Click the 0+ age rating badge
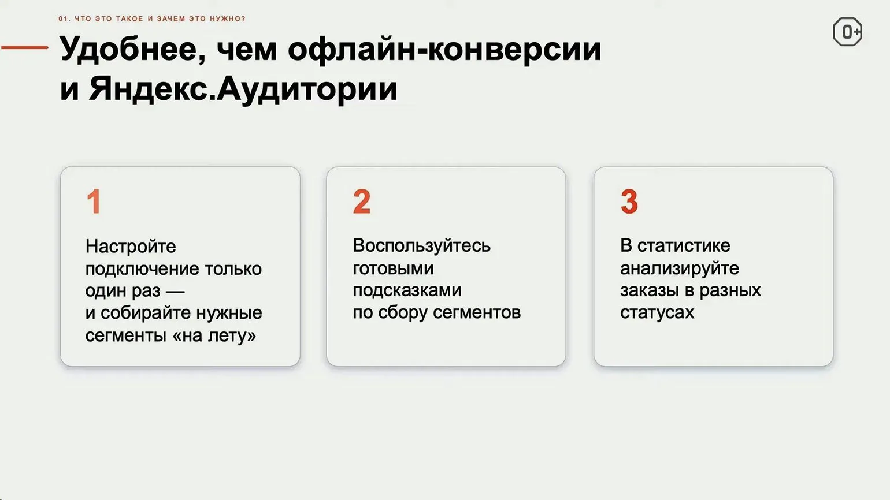point(847,31)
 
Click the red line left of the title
point(25,47)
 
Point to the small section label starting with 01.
point(152,18)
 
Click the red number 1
point(94,202)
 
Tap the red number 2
point(362,202)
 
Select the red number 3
point(629,202)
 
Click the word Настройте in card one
point(131,247)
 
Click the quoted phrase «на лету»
point(214,335)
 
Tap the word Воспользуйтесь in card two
point(421,246)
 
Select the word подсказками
point(407,290)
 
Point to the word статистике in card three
point(684,246)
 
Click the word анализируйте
point(680,268)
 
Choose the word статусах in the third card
point(657,313)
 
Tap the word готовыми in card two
point(393,268)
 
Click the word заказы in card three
point(650,290)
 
